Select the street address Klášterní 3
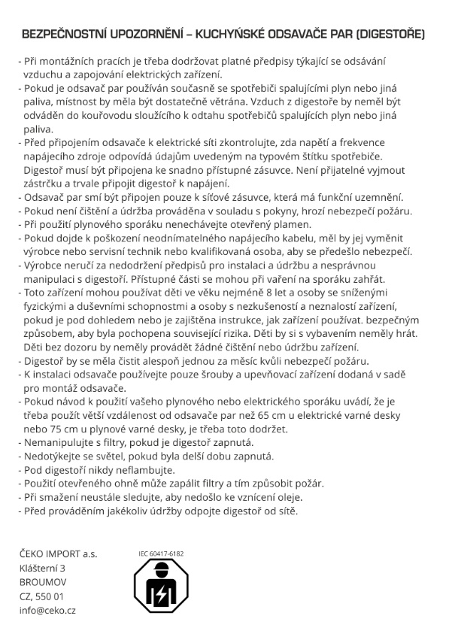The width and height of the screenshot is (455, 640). tap(43, 569)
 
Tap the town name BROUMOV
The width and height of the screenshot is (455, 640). tap(43, 582)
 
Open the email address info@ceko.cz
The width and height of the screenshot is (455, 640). tap(47, 610)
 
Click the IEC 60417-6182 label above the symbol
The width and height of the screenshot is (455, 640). tap(161, 554)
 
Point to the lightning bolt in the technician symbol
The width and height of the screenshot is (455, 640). tap(159, 595)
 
